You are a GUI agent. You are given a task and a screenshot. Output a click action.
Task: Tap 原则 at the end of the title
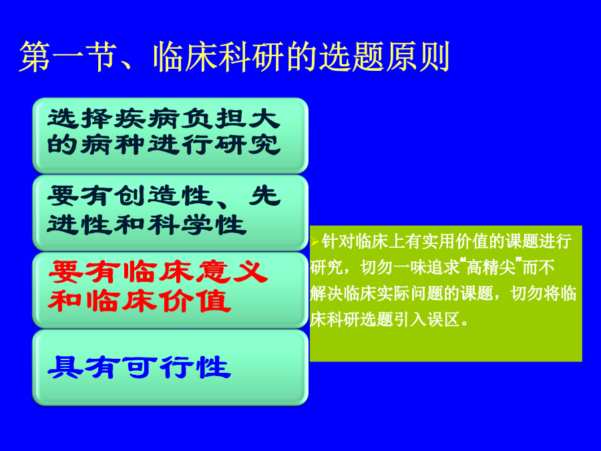417,57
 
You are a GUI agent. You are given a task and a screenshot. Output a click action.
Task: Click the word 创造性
164,196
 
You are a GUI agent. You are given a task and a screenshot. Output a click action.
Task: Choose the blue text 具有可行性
139,367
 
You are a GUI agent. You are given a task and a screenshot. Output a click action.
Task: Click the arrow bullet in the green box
315,242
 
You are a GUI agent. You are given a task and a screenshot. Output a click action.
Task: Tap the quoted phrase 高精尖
491,267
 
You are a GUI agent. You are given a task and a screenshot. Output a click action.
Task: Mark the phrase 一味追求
426,267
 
